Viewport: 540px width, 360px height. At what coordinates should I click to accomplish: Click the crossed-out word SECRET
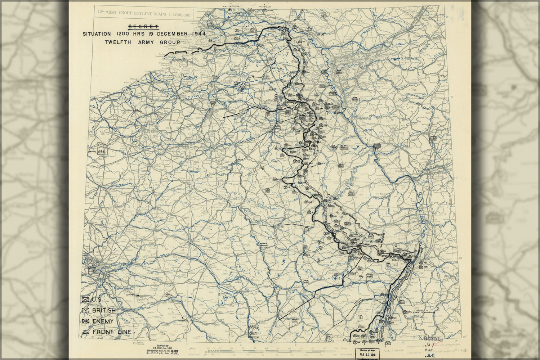pos(143,27)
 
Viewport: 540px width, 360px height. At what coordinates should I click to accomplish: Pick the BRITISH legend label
pos(104,310)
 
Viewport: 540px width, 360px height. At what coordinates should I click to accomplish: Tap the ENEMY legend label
pos(103,321)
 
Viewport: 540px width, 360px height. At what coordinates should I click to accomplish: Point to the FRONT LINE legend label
pos(112,332)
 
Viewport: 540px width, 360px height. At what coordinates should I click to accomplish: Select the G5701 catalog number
pos(432,339)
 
